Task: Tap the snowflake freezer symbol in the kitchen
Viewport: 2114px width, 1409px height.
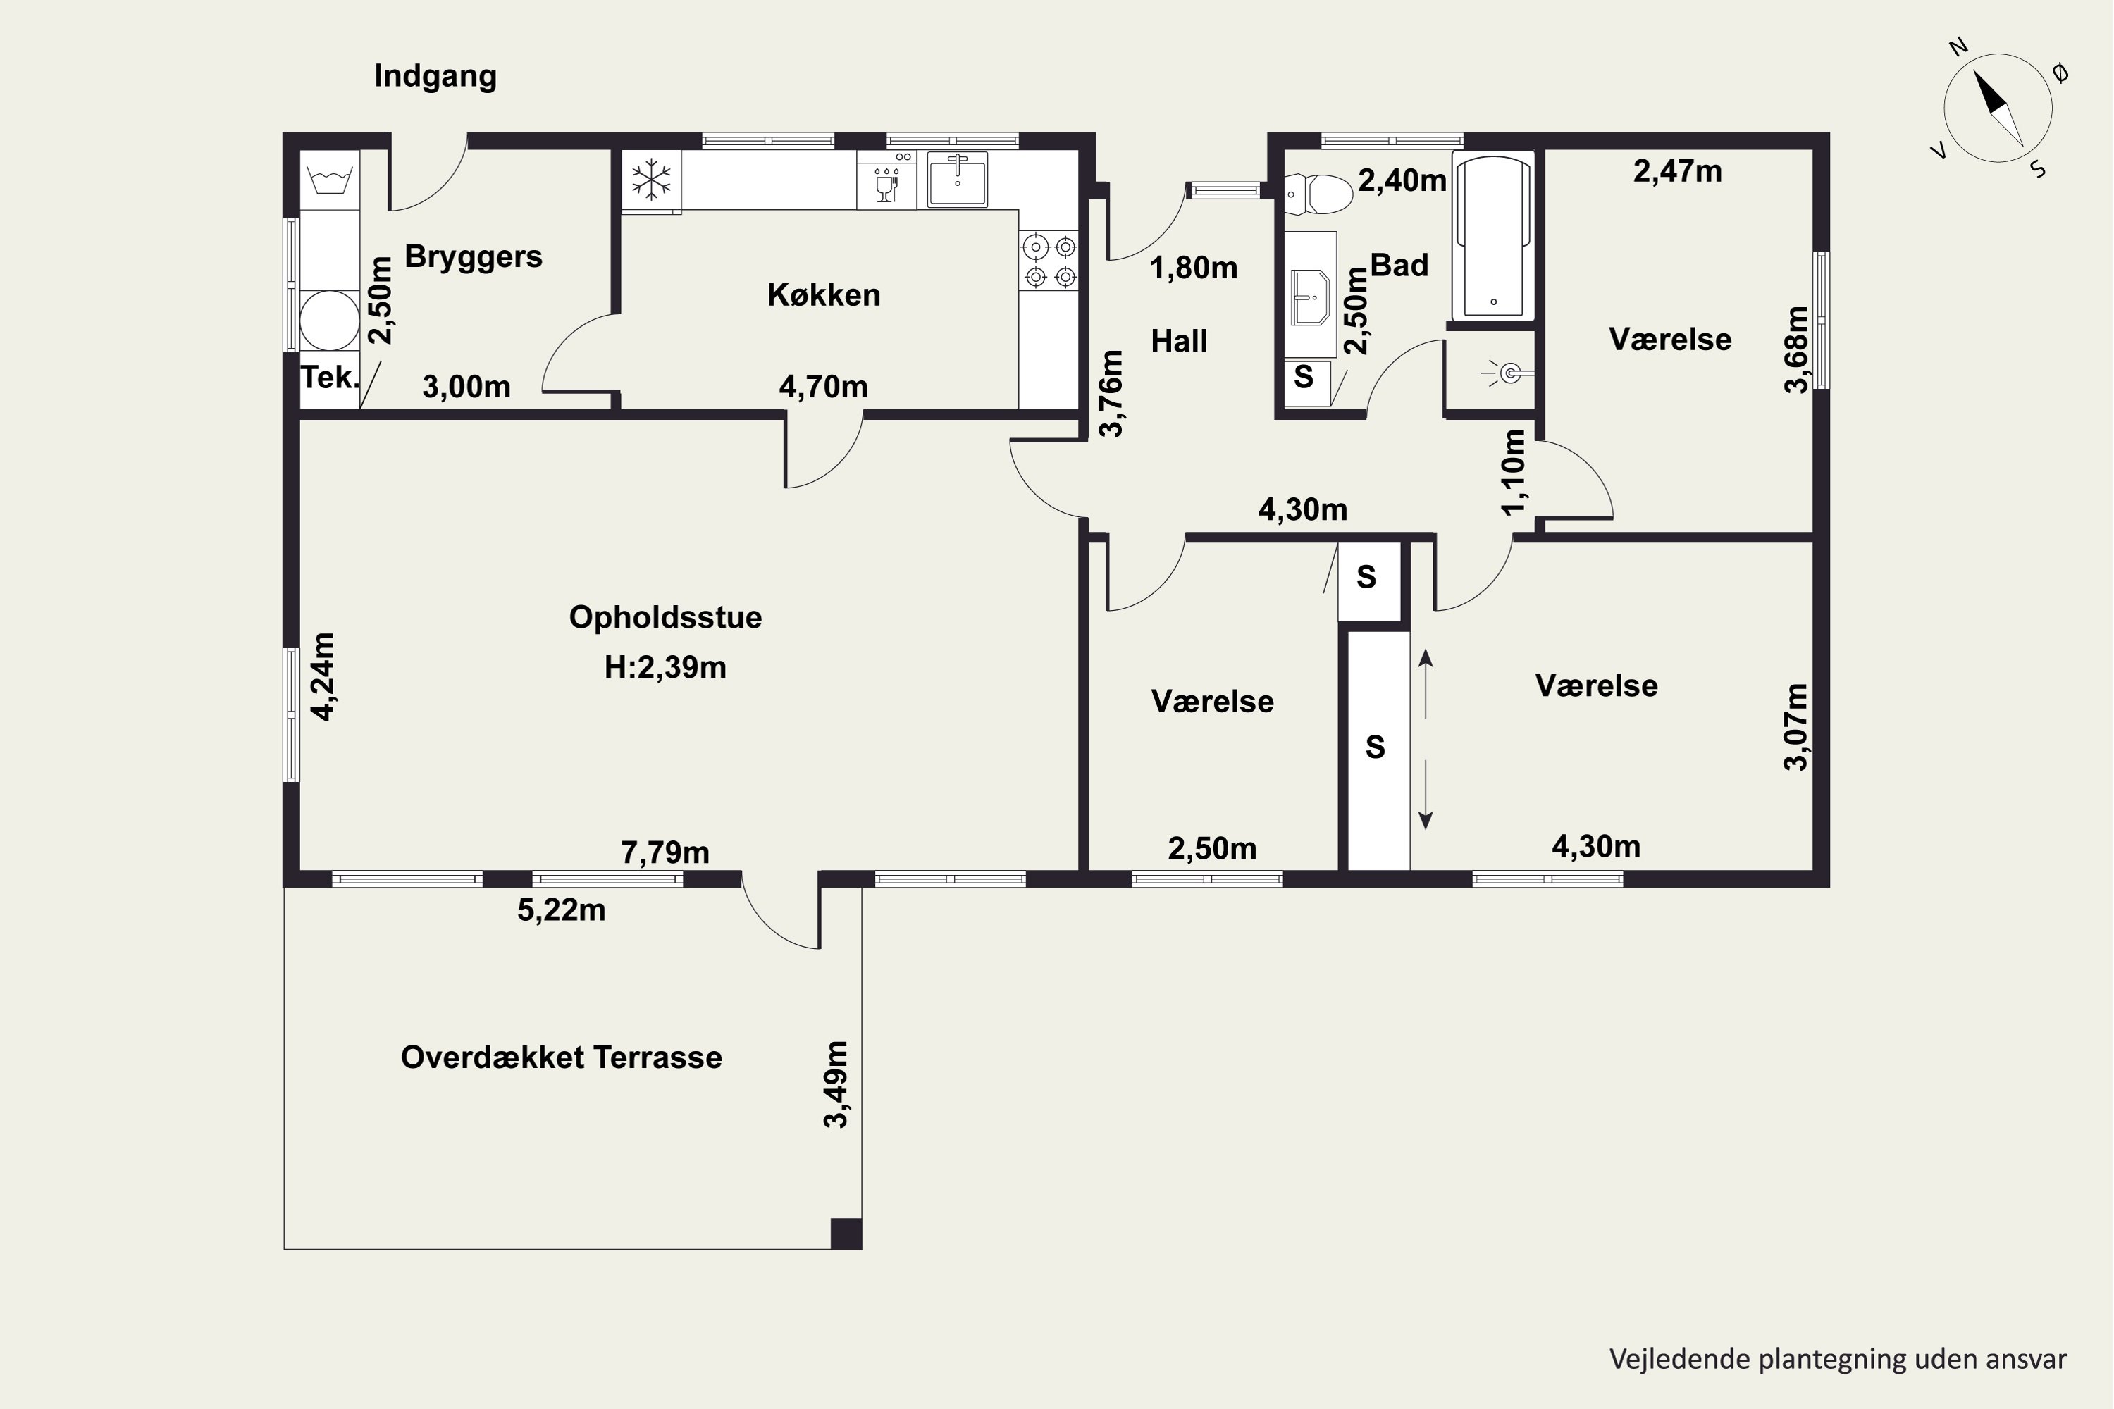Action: (x=650, y=180)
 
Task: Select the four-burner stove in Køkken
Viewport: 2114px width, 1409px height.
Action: (x=1050, y=261)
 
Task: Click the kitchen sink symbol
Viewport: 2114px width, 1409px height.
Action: (x=957, y=180)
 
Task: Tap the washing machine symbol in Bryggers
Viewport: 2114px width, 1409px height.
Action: (x=330, y=180)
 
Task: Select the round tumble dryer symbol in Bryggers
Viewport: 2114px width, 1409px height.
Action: (x=330, y=320)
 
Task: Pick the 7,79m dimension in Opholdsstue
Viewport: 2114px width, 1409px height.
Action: (x=665, y=852)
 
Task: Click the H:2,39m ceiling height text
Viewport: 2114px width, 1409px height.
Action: (x=665, y=668)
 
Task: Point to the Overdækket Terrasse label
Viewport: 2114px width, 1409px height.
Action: (x=562, y=1057)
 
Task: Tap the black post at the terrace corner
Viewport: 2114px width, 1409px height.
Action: (x=846, y=1234)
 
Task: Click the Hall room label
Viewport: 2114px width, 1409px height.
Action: (x=1179, y=342)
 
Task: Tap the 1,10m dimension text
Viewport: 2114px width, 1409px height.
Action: (x=1514, y=472)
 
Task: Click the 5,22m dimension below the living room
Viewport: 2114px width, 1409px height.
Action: (x=562, y=910)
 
